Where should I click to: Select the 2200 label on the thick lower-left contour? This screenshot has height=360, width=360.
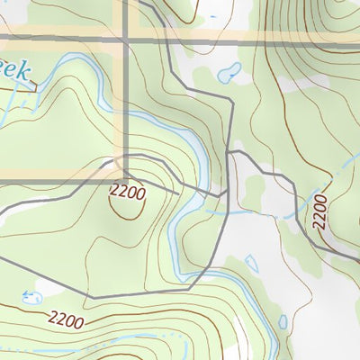pos(67,319)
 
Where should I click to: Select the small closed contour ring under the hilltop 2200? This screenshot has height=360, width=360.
pos(127,205)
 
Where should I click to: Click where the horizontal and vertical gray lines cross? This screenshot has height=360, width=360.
pos(126,40)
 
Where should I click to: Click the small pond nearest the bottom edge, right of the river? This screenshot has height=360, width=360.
pos(283,322)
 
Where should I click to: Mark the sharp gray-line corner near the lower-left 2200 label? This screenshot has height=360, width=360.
pos(93,296)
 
